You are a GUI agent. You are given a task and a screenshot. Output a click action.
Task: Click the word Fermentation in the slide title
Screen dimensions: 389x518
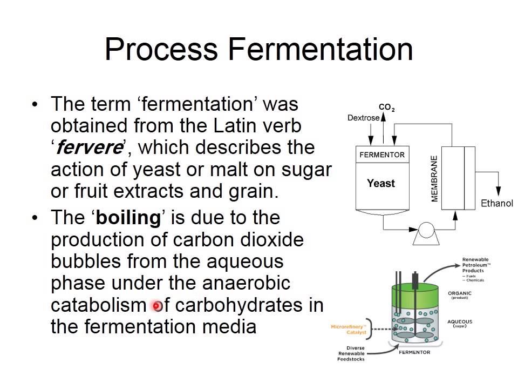321,49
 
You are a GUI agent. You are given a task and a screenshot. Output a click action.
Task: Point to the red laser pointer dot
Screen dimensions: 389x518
157,306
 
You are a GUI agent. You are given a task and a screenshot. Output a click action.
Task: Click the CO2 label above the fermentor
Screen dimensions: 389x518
386,108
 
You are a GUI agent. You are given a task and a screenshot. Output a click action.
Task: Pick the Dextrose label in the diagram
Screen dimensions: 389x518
363,118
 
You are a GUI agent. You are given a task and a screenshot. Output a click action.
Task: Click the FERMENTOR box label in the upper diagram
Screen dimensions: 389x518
381,155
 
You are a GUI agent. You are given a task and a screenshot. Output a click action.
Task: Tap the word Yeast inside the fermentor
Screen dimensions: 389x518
381,184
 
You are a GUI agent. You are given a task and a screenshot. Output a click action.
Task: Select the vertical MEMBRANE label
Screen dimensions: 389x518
434,179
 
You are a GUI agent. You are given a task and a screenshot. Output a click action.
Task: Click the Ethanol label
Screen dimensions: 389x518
497,204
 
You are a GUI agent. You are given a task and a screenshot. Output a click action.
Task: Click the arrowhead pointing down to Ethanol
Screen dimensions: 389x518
498,193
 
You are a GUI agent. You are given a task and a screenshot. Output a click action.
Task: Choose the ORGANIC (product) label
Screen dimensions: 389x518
460,295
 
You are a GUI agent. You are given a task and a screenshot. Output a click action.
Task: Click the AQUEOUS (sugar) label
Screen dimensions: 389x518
460,323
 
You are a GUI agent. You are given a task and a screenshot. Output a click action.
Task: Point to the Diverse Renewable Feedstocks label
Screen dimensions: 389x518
351,353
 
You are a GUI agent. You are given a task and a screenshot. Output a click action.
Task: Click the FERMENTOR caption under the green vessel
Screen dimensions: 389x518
414,352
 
